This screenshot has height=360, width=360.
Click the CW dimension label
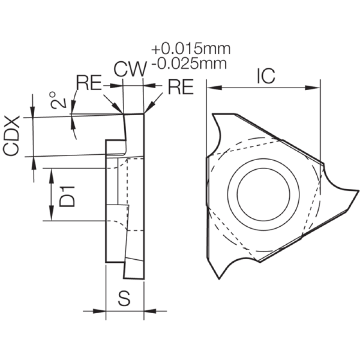(x=130, y=69)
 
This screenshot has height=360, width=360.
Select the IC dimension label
(x=265, y=76)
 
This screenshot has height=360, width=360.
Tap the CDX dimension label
(x=11, y=136)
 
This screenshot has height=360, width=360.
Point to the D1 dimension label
(x=67, y=197)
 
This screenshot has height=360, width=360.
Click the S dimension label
(x=124, y=298)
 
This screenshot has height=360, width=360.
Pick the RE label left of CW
(x=89, y=83)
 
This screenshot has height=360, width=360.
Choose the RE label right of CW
(x=181, y=87)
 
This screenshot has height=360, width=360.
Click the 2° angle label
(x=57, y=100)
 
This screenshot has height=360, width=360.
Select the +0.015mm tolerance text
(x=191, y=49)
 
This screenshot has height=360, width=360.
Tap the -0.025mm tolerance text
(x=189, y=63)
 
